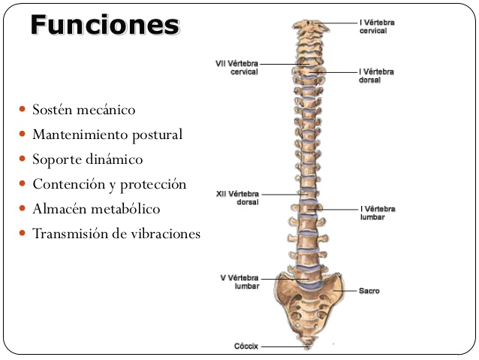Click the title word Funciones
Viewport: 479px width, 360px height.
point(105,25)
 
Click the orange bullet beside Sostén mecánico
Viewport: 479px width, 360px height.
point(22,109)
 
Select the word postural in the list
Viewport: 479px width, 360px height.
point(158,135)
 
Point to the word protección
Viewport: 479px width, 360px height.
point(152,185)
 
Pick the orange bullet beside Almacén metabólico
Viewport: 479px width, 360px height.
point(22,208)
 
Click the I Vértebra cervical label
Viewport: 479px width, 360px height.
point(377,26)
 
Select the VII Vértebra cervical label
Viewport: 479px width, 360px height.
point(236,68)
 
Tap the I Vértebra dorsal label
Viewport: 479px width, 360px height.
point(376,76)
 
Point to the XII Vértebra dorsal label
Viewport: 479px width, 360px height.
point(237,198)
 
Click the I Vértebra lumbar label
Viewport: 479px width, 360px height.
point(378,213)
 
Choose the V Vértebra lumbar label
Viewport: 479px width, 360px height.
point(239,282)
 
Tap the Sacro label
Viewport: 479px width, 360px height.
point(369,291)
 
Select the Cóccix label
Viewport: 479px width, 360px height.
point(246,346)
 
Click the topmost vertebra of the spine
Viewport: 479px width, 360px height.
point(310,26)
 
